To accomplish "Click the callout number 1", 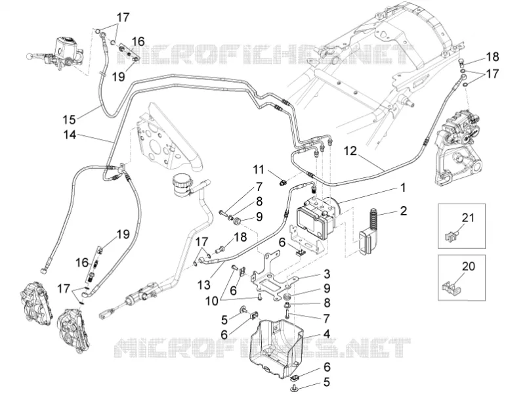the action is [x=403, y=188].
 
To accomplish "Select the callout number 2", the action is [x=404, y=211].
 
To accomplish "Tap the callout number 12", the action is [x=350, y=151].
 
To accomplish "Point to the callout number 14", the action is [x=70, y=135].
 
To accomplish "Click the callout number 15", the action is [x=70, y=119].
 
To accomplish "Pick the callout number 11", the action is [x=258, y=169].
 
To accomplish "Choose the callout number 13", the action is [x=204, y=285].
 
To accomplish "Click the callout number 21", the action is [x=468, y=217].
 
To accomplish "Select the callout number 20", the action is [x=469, y=267].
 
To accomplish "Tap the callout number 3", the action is [x=326, y=274].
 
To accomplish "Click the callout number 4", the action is [x=326, y=334].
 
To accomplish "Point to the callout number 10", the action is [x=212, y=301].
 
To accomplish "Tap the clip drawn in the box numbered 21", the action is [x=451, y=236].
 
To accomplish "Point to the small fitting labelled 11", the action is [x=283, y=182].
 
